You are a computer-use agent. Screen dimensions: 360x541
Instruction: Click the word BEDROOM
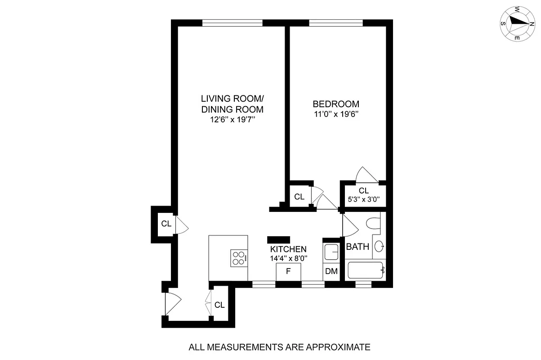click(337, 104)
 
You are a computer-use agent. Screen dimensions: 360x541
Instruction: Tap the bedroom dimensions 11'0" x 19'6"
click(337, 114)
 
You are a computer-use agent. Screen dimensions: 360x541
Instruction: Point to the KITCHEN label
click(288, 249)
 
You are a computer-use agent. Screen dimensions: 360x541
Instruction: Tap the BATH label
click(358, 247)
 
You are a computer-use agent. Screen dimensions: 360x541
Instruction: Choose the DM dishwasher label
click(331, 271)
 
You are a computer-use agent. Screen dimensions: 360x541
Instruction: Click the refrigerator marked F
click(288, 271)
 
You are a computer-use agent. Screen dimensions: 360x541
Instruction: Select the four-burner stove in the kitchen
click(239, 258)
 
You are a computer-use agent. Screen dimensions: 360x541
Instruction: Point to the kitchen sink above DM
click(331, 252)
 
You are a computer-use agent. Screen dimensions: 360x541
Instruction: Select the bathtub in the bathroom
click(367, 270)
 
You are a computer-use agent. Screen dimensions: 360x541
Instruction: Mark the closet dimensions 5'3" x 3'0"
click(364, 198)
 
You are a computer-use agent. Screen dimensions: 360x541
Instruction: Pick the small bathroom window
click(363, 284)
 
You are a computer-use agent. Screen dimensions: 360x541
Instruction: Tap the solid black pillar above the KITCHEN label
click(279, 240)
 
